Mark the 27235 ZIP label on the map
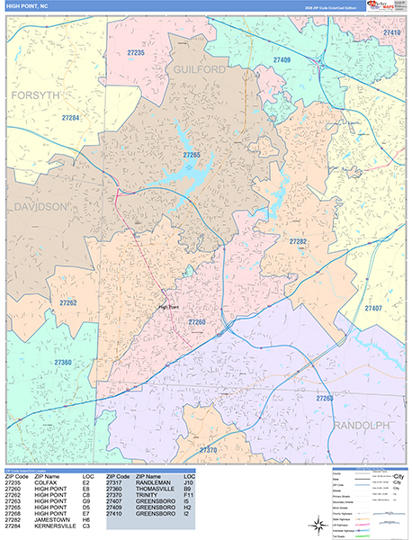click(x=136, y=53)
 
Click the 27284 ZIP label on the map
click(x=71, y=118)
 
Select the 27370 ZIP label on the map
click(x=208, y=449)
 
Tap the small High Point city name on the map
click(x=168, y=306)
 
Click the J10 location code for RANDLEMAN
click(x=188, y=482)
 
